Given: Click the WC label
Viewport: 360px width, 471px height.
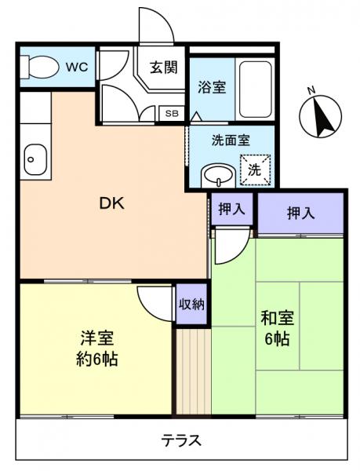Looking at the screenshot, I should coord(76,68).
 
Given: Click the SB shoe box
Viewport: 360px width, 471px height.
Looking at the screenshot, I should coord(171,113).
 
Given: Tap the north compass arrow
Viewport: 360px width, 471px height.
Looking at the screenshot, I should coord(320,118).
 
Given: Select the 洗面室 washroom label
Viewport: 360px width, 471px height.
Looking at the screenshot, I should coord(231,141).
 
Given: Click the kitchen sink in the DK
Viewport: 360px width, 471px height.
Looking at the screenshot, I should coord(33,160).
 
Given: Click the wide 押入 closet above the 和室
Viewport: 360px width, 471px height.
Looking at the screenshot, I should coord(300,212).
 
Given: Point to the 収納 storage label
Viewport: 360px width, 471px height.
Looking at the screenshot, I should coord(191,304).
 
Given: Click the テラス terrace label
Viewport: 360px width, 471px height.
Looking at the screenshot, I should coord(181,440).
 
